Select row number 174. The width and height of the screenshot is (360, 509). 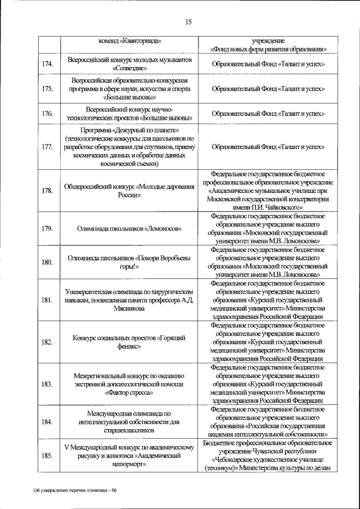[48, 64]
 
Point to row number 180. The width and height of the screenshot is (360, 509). [48, 262]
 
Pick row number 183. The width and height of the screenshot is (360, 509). [48, 385]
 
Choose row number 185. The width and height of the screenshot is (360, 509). [48, 456]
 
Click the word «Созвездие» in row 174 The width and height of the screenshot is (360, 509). [129, 69]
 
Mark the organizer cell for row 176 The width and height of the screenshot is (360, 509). [268, 114]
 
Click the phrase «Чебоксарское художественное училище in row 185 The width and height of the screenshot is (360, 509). [268, 459]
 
